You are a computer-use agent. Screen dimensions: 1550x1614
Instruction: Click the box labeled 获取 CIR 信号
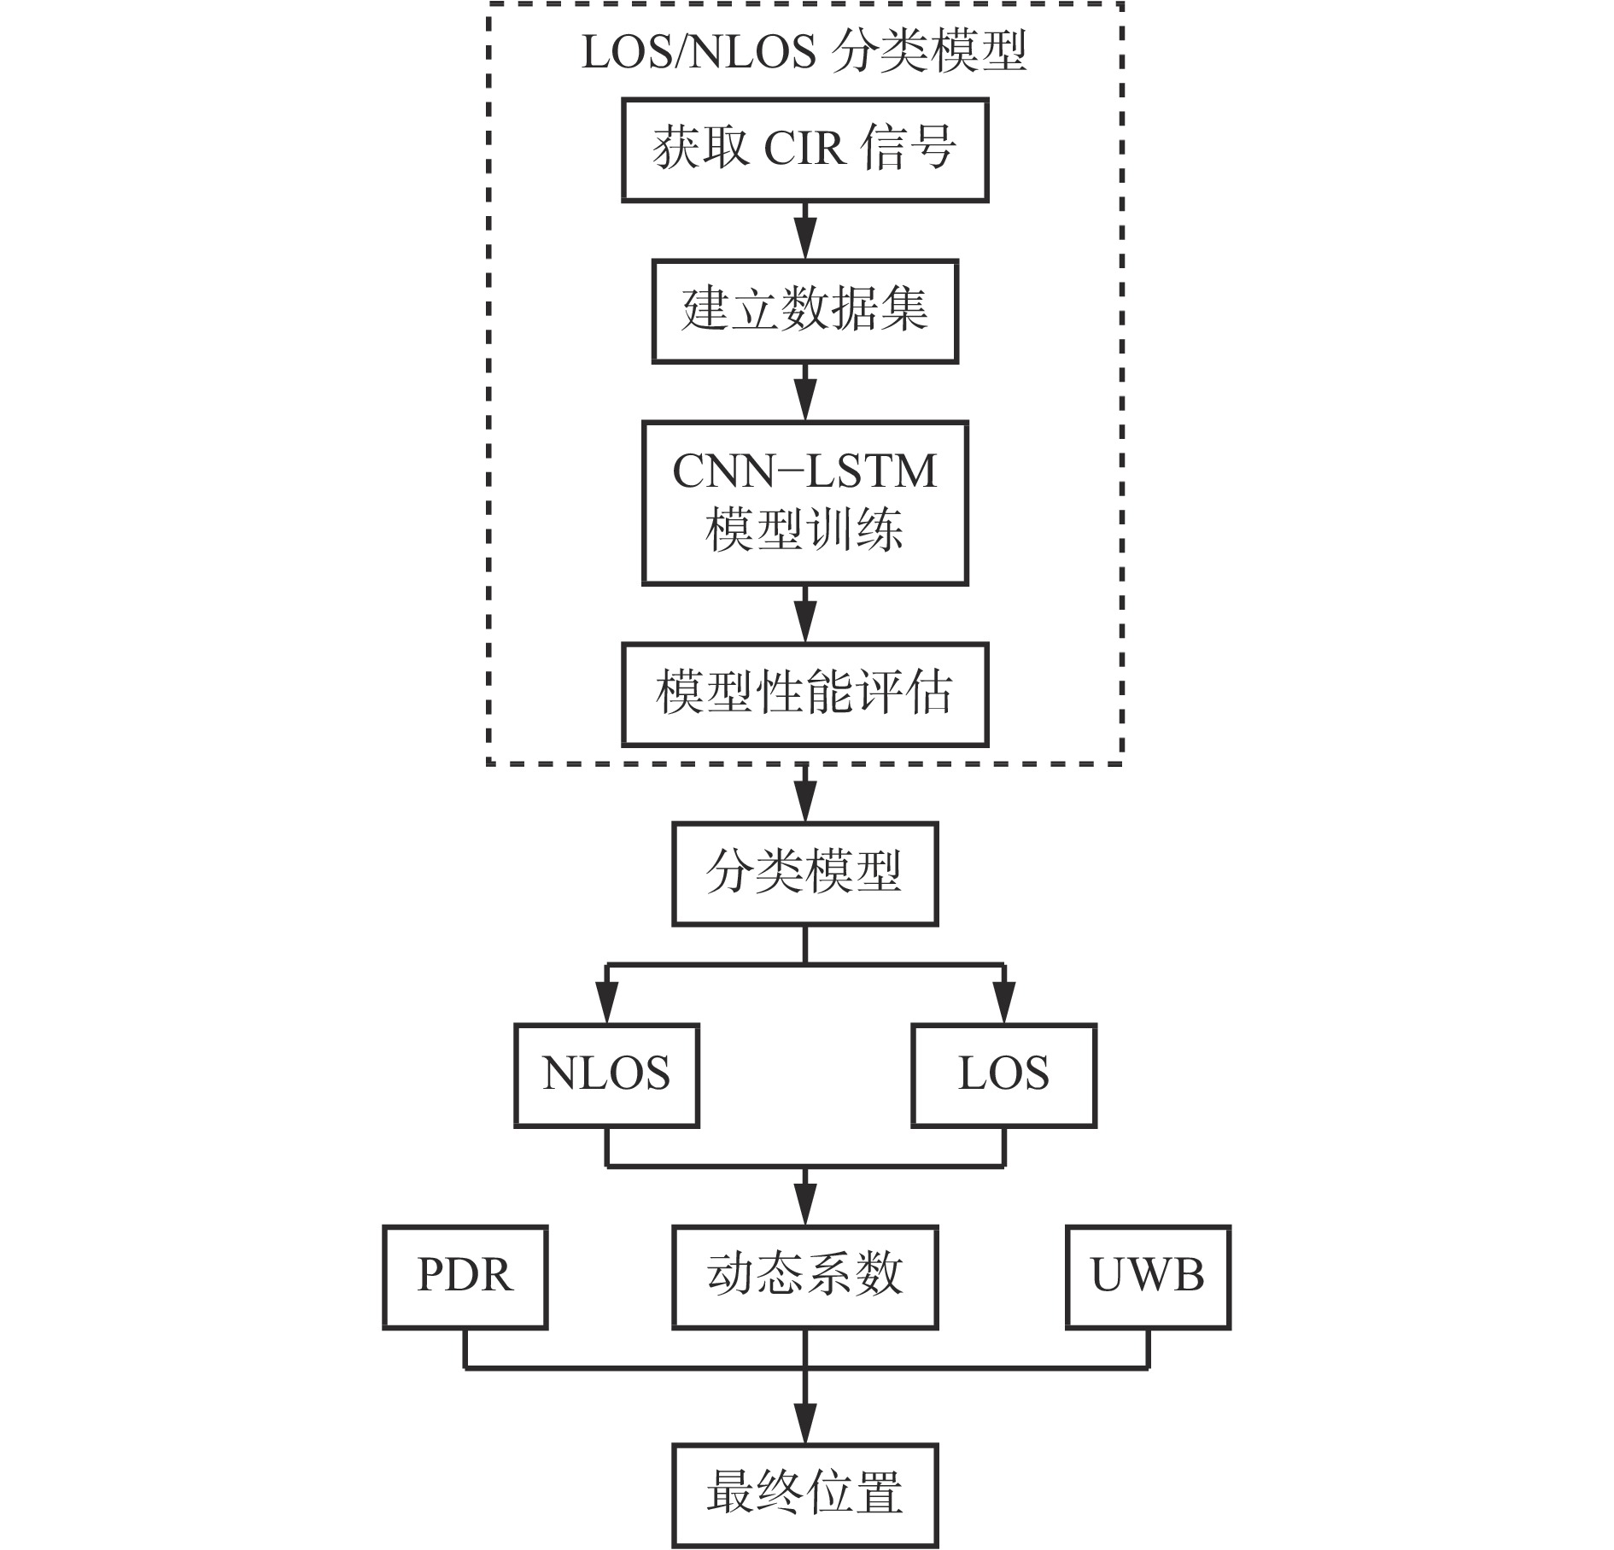tap(804, 150)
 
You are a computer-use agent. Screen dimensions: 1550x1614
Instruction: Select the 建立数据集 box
tap(804, 311)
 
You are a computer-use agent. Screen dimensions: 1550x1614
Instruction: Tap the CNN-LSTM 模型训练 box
tap(804, 502)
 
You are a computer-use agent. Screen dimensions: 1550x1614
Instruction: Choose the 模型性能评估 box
tap(804, 694)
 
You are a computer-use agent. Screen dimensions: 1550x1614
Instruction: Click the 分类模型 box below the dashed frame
tap(804, 874)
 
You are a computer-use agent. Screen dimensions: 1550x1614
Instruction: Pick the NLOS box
tap(606, 1075)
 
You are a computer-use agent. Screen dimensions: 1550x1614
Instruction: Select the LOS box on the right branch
tap(1003, 1075)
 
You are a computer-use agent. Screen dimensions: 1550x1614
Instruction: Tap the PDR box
tap(465, 1277)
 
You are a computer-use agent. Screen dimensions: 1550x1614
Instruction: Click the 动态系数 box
tap(804, 1277)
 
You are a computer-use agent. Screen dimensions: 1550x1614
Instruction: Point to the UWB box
tap(1148, 1277)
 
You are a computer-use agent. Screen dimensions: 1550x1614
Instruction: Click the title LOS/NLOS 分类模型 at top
tap(804, 53)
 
